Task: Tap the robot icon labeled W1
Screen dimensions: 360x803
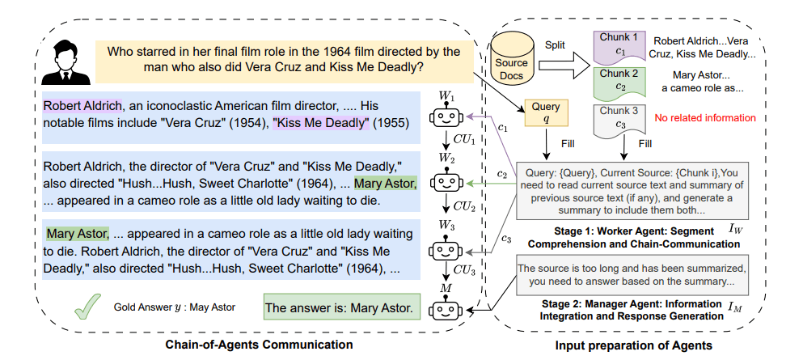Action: (x=446, y=118)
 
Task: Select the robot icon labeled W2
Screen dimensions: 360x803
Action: (x=446, y=180)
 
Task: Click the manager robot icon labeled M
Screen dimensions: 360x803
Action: (x=446, y=309)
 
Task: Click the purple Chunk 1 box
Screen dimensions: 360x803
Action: (x=619, y=46)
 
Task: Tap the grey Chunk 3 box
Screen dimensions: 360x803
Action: (x=619, y=121)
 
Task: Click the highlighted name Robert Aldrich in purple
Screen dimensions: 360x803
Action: (x=82, y=106)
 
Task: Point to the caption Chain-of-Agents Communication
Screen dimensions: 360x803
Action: (x=259, y=345)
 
